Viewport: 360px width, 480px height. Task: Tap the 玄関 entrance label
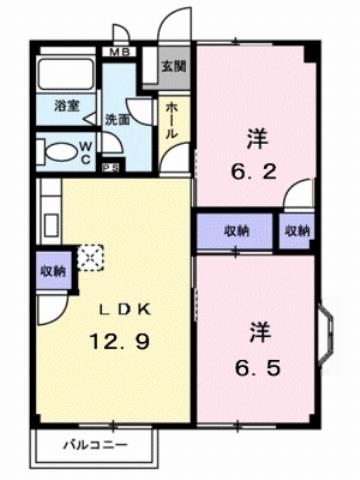click(173, 67)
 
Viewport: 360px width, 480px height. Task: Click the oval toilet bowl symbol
click(61, 153)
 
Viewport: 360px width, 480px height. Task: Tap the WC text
click(87, 153)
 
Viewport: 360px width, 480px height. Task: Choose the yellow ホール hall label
click(173, 120)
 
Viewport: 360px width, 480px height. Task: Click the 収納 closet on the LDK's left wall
click(54, 270)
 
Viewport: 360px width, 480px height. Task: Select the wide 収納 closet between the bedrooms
click(236, 231)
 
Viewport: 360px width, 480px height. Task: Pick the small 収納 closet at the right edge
click(297, 231)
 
